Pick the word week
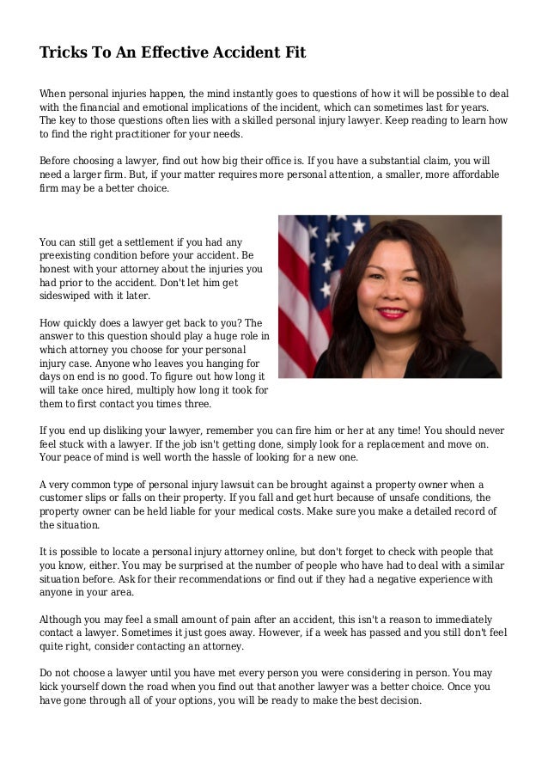pyautogui.click(x=359, y=632)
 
